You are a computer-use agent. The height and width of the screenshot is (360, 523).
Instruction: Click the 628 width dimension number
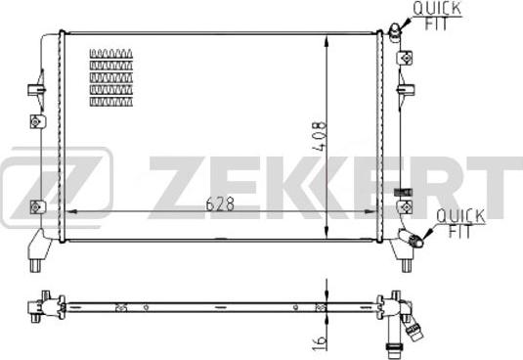220,203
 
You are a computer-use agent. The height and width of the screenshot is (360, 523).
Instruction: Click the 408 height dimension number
320,136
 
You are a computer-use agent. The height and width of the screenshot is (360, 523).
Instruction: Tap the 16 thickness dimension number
320,342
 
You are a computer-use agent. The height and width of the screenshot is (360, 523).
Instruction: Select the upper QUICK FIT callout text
437,16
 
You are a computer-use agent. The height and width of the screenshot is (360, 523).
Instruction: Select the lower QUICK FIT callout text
460,223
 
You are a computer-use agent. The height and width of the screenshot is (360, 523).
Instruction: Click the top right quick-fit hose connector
395,33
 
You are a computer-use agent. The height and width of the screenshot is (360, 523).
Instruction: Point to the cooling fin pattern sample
111,77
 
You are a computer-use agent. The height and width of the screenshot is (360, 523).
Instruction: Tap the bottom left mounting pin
35,265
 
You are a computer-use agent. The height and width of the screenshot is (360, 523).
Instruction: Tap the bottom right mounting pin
406,265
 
